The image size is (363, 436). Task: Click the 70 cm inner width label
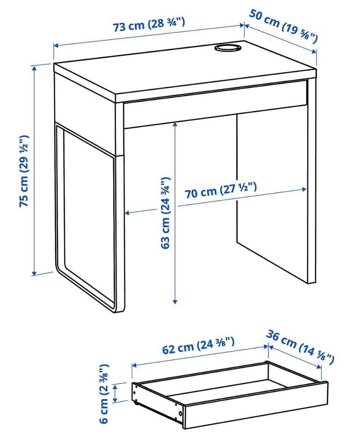[220, 191]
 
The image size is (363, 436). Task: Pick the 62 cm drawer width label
[198, 345]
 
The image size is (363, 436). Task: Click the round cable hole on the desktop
[228, 48]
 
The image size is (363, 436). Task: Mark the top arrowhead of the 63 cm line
[175, 124]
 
